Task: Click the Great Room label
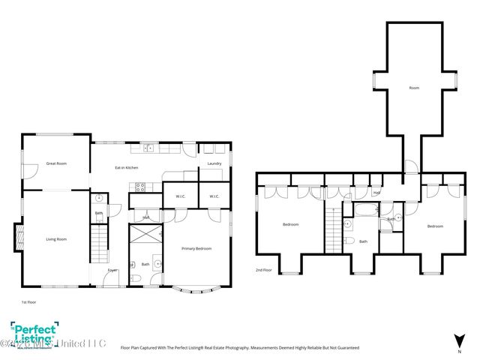56,163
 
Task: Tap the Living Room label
56,239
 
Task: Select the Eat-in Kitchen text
126,167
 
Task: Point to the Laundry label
214,163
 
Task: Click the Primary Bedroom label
196,248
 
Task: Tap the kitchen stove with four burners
136,187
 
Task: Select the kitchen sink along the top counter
149,148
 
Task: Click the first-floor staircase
100,247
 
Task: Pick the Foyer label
112,270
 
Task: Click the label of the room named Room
414,88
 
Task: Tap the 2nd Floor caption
263,270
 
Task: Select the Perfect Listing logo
31,335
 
